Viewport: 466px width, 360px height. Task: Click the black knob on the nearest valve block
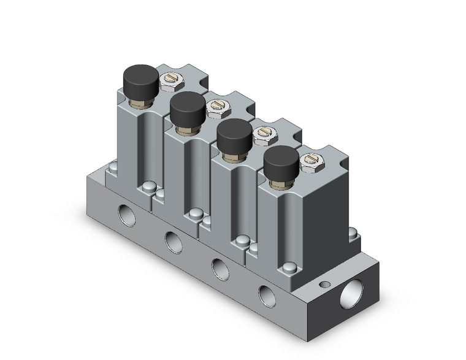(x=282, y=159)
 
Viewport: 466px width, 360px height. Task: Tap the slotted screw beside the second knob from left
(x=216, y=107)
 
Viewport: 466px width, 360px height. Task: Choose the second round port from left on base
(x=172, y=241)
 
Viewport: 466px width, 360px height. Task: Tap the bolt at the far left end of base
(x=113, y=164)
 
